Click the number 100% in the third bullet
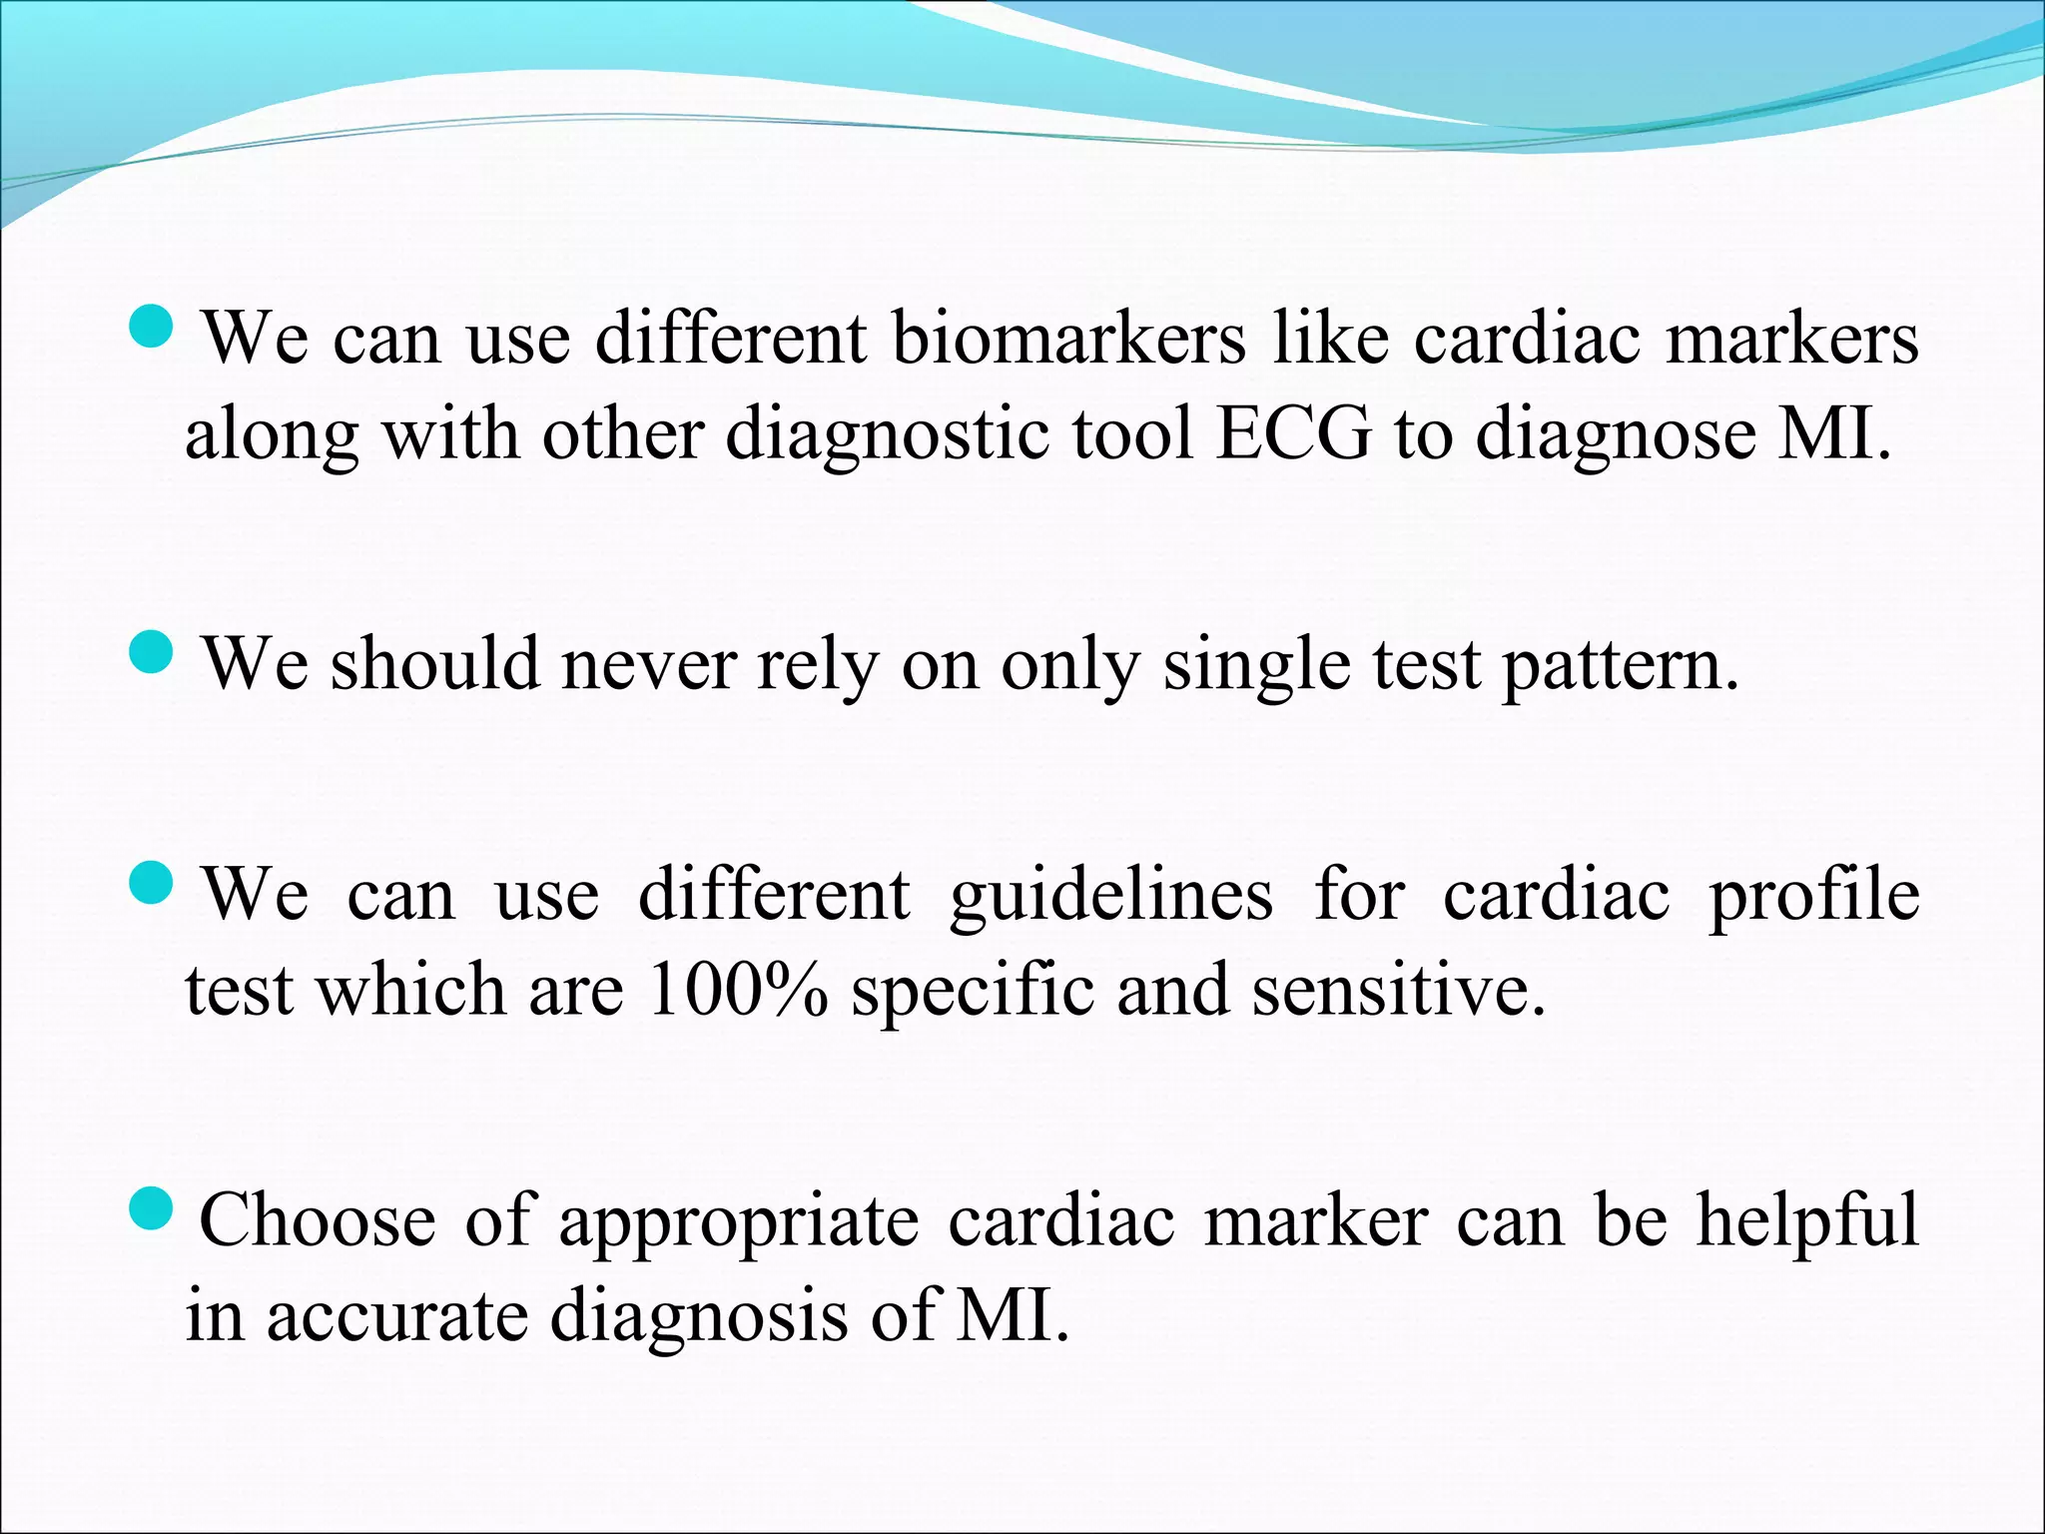tap(737, 990)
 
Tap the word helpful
tap(1807, 1220)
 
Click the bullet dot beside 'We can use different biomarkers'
tap(153, 326)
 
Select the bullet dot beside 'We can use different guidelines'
tap(153, 882)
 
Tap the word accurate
tap(396, 1316)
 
